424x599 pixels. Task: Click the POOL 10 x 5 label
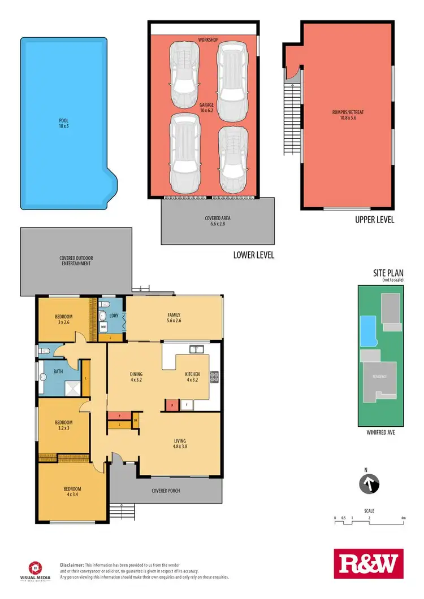(x=64, y=123)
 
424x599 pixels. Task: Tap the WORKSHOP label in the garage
(x=208, y=40)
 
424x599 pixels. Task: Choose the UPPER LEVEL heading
(x=374, y=220)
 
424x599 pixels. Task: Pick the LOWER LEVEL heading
(x=254, y=255)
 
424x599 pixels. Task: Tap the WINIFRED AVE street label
(x=381, y=434)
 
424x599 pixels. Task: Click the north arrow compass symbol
(x=369, y=483)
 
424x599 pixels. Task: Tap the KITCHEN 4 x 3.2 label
(x=193, y=377)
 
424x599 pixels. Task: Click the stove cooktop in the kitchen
(x=215, y=377)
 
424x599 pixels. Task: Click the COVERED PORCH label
(x=166, y=491)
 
